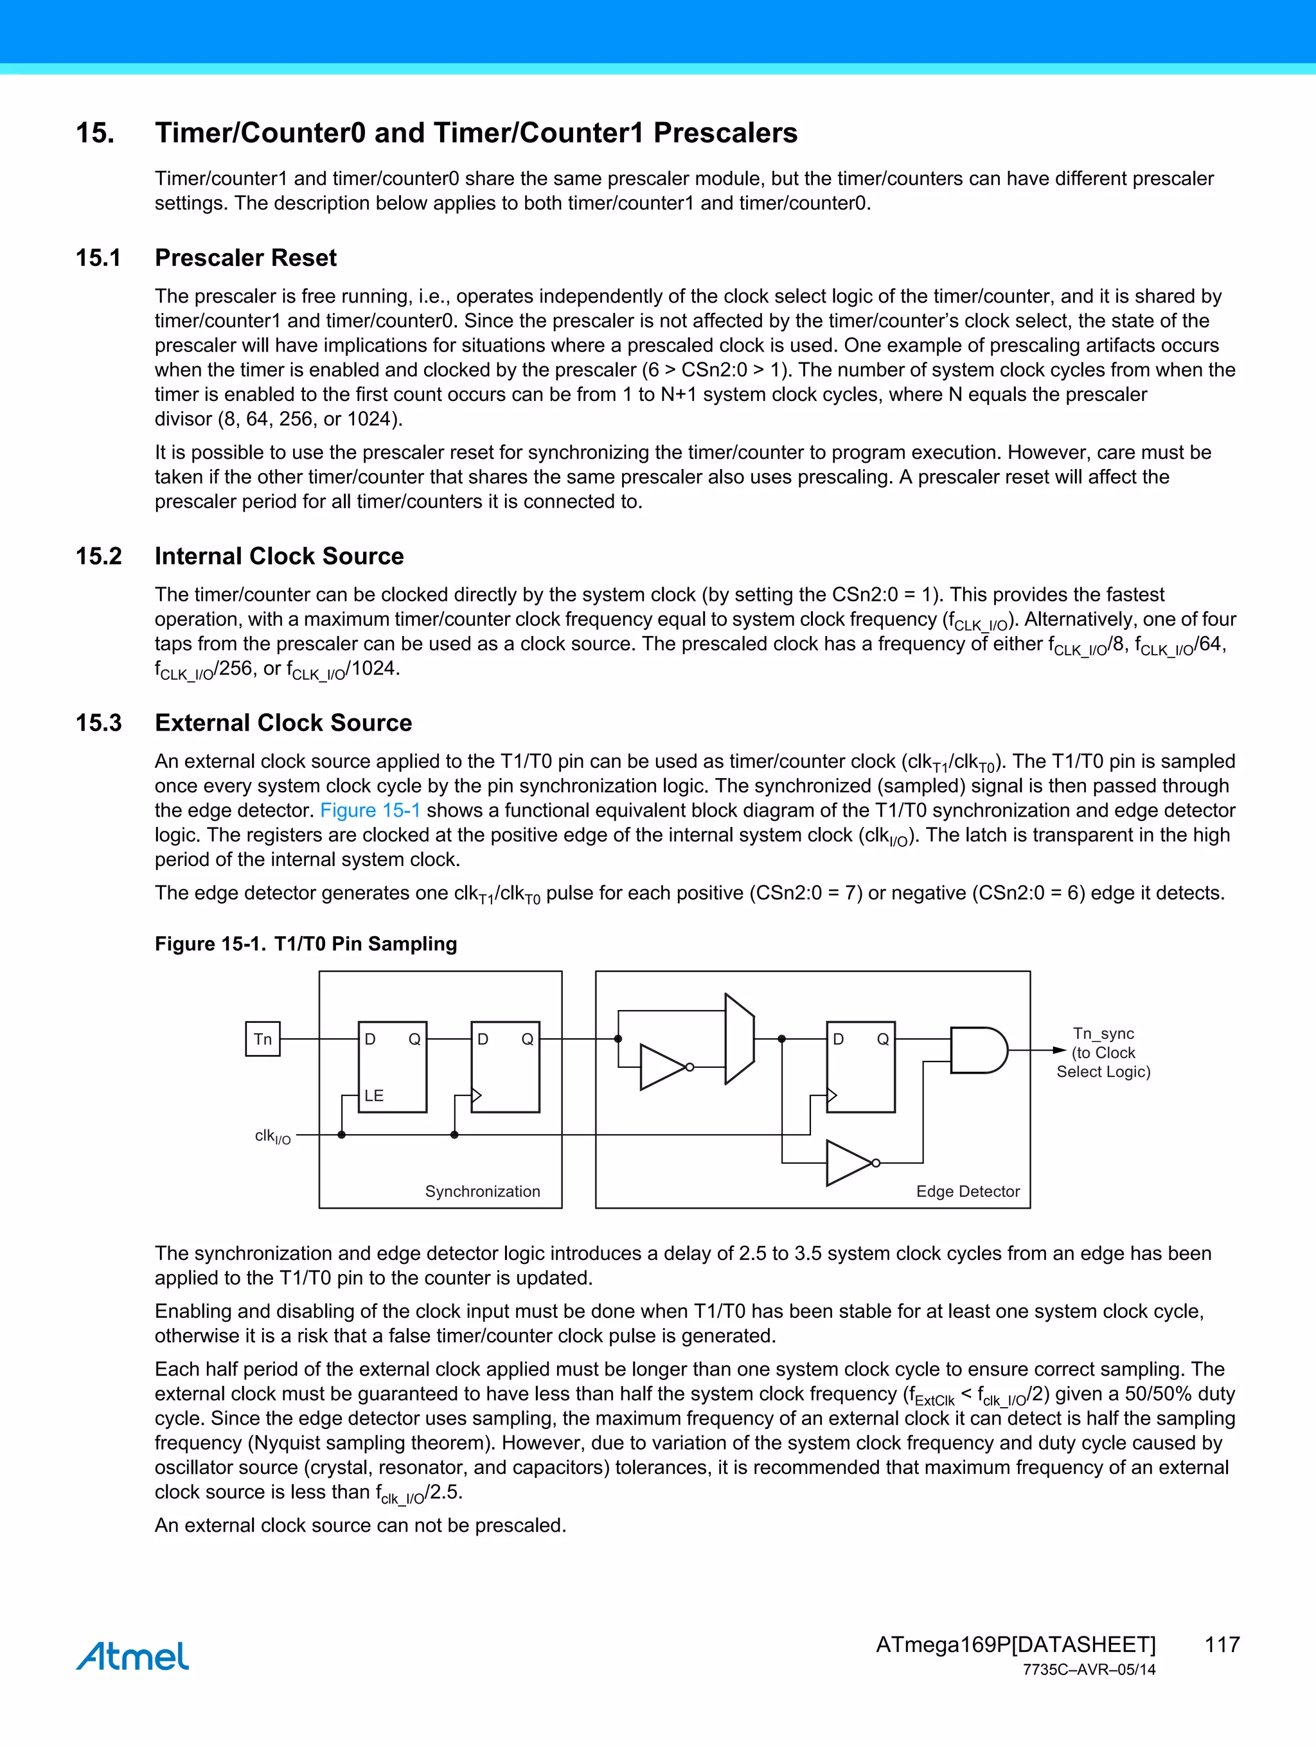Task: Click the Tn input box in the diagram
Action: (263, 1040)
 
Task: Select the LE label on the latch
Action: (373, 1095)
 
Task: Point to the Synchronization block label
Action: (482, 1191)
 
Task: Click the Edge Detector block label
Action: (968, 1191)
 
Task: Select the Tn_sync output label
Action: (1103, 1034)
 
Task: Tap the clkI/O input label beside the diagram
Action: (272, 1137)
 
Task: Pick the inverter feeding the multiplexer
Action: (664, 1067)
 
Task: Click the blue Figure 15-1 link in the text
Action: (369, 810)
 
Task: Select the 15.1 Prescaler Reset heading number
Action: (98, 258)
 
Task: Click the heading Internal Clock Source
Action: (279, 556)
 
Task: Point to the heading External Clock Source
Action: (283, 723)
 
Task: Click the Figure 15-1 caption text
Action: (306, 944)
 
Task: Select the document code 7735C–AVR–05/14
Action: (1089, 1670)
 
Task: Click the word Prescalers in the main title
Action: (724, 133)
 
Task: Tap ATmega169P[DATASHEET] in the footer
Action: (1015, 1644)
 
